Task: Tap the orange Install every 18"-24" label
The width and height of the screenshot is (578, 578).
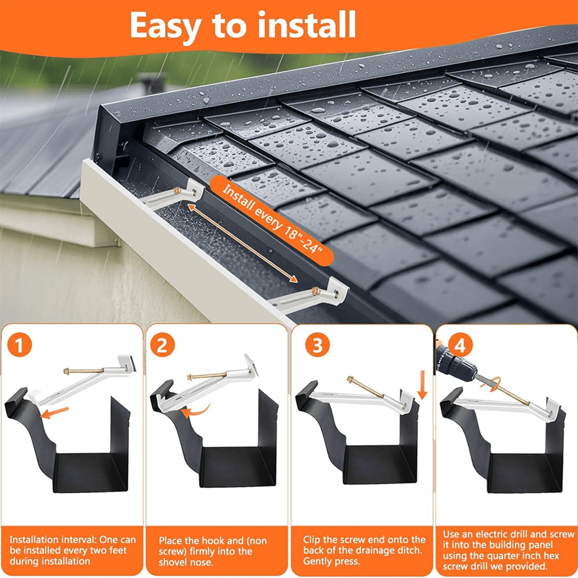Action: coord(272,219)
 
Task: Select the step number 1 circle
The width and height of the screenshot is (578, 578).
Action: coord(20,345)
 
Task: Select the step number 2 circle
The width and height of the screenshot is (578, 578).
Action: coord(162,345)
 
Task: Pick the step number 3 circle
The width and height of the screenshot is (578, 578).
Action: coord(317,345)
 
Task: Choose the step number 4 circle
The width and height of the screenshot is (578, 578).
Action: coord(460,345)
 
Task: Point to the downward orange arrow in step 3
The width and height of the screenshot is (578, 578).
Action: coord(422,385)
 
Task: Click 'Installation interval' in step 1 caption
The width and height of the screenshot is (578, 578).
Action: coord(51,540)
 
